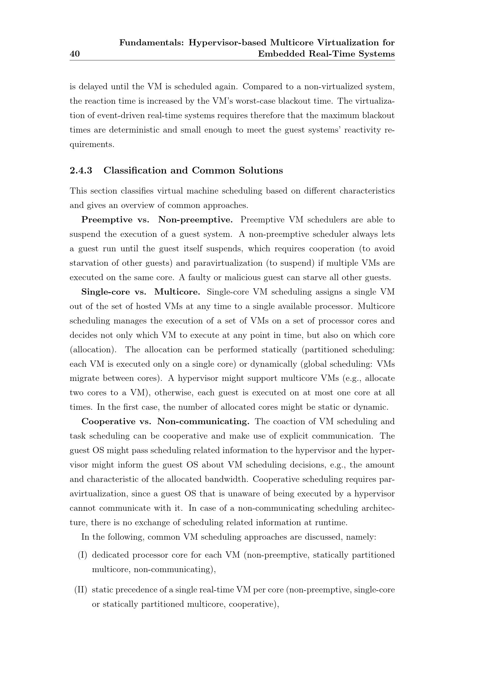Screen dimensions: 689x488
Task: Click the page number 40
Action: pos(75,54)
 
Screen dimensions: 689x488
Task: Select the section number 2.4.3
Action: pos(81,171)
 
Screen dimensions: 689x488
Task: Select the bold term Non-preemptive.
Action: pos(195,220)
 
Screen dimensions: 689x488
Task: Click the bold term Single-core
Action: pos(105,292)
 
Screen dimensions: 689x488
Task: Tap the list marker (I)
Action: pos(82,555)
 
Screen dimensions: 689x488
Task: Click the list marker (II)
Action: pos(81,590)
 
